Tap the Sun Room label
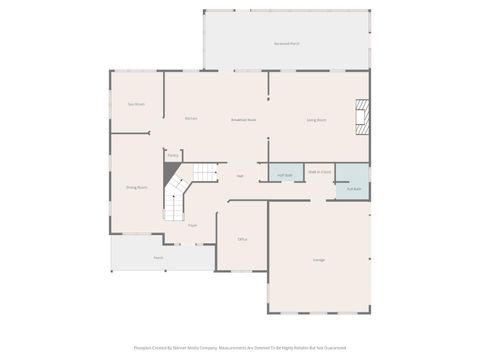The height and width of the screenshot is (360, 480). tap(136, 104)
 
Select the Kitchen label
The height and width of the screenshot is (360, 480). tap(190, 118)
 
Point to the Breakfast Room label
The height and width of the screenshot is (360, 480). tap(243, 119)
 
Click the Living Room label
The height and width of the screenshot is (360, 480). tap(316, 119)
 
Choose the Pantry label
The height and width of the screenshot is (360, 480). tap(172, 155)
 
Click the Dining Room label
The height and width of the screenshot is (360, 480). tap(136, 187)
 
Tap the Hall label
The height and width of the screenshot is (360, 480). tap(240, 176)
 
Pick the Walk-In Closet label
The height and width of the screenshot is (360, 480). tap(319, 171)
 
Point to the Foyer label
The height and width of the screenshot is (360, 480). tap(191, 225)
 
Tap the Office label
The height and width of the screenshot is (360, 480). tap(242, 240)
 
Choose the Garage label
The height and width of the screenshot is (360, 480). tap(318, 260)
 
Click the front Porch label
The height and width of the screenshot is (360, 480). tap(158, 257)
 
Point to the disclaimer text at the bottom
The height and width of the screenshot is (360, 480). tap(240, 348)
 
